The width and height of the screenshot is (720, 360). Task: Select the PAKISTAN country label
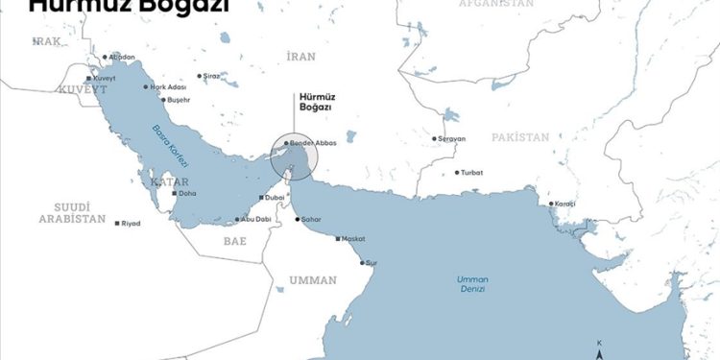(x=520, y=137)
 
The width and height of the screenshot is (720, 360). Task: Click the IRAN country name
(x=300, y=57)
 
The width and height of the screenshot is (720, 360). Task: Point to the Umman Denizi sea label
(x=472, y=283)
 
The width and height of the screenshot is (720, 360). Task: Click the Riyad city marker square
(x=117, y=224)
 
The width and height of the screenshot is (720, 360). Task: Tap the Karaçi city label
(x=566, y=204)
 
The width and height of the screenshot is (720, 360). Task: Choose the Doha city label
(x=187, y=193)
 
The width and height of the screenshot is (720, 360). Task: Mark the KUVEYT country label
(x=55, y=88)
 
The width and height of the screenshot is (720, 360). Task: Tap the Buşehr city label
(x=179, y=100)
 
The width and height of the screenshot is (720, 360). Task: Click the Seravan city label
(x=451, y=139)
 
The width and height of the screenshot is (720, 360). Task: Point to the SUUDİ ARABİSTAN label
(x=72, y=212)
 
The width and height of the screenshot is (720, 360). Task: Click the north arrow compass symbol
(x=599, y=351)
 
